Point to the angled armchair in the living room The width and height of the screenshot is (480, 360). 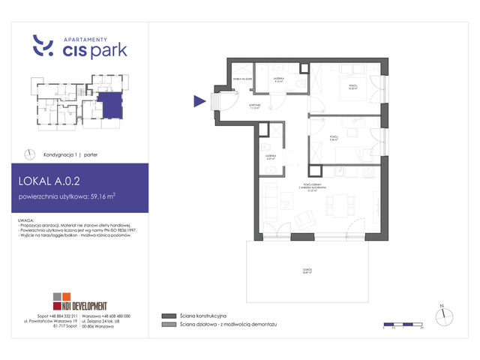(x=305, y=220)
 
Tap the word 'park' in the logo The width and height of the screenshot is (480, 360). (x=108, y=50)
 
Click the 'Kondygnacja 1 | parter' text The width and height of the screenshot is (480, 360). (x=69, y=153)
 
